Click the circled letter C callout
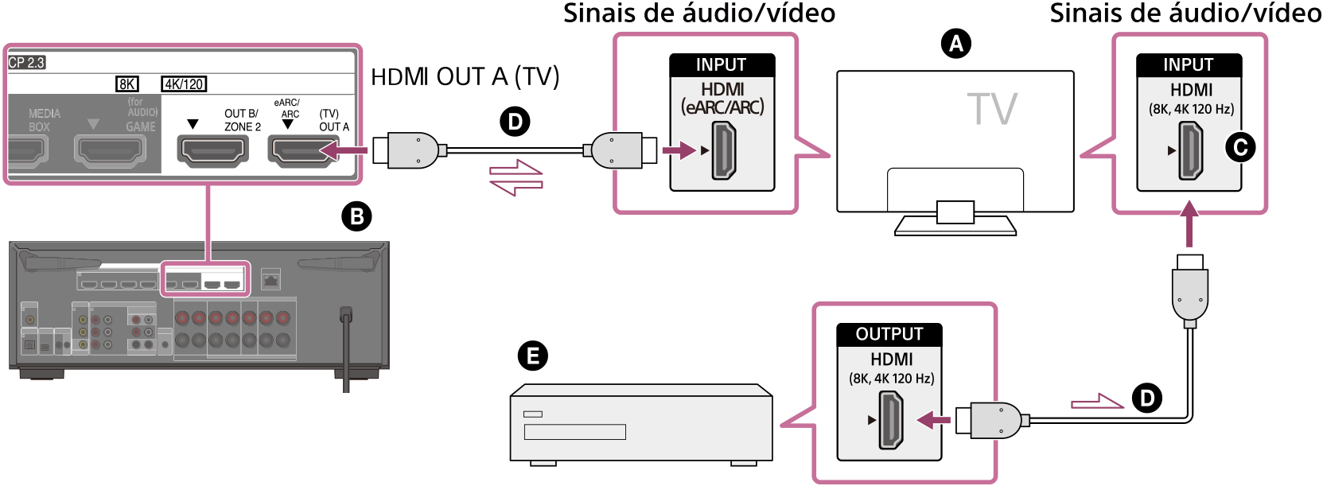coord(1240,147)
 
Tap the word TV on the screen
coord(991,110)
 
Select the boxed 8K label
coord(126,84)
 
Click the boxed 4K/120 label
coord(184,84)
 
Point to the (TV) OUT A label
coord(333,120)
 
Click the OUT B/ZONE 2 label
coord(242,120)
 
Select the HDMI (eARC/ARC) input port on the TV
coord(723,150)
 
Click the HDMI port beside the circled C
coord(1190,150)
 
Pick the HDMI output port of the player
coord(890,419)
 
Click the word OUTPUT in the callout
coord(889,334)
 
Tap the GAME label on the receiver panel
coord(141,126)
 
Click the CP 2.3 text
coord(26,63)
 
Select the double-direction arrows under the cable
coord(516,177)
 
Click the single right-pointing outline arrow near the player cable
coord(1097,402)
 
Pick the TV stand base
coord(955,225)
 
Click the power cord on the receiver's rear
coord(346,350)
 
